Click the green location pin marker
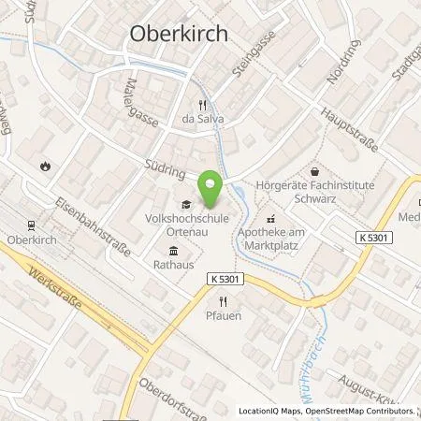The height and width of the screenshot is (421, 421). [x=210, y=190]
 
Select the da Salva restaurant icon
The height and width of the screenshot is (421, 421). [x=201, y=105]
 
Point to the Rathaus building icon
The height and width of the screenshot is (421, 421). [x=175, y=251]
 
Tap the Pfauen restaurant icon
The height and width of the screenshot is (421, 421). [x=223, y=301]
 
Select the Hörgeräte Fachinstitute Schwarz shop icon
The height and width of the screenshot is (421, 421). [x=315, y=171]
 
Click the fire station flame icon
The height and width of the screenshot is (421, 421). [x=45, y=166]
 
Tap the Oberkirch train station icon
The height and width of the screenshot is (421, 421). [x=31, y=225]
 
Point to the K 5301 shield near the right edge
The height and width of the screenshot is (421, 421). [x=374, y=240]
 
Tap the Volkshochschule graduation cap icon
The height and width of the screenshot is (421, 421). [x=185, y=206]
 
